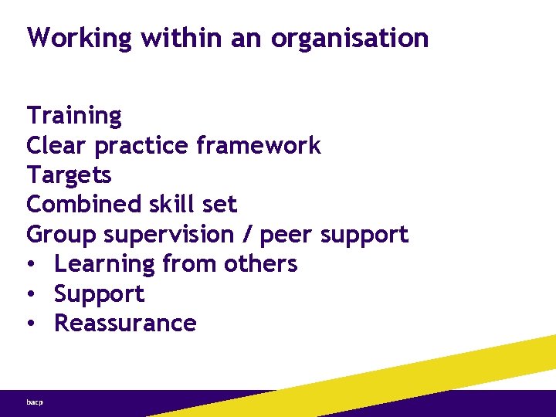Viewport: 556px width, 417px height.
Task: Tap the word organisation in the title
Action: coord(350,38)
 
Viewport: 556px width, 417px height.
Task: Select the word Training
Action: coord(74,116)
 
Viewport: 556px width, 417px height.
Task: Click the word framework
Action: coord(259,145)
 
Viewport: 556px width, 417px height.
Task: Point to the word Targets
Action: coord(69,175)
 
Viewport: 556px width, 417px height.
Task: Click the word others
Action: coord(260,264)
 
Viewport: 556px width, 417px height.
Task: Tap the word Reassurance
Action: coord(125,323)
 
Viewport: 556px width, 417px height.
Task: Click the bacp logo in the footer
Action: coord(35,403)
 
